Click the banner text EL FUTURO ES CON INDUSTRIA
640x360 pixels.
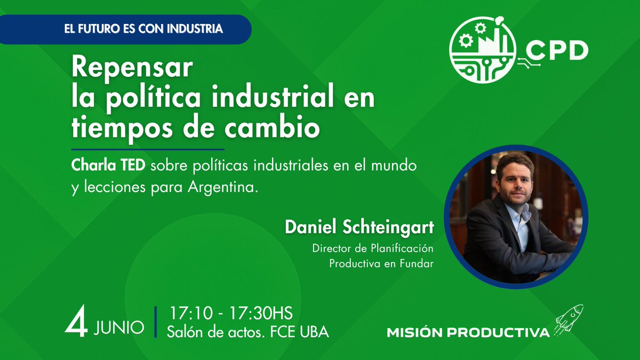143,29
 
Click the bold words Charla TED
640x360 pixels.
108,166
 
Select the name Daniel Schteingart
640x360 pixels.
359,227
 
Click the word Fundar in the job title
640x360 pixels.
417,263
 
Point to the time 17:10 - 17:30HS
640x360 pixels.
231,313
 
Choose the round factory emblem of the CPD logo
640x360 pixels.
482,49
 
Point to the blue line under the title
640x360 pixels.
148,149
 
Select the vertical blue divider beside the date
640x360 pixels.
156,322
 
